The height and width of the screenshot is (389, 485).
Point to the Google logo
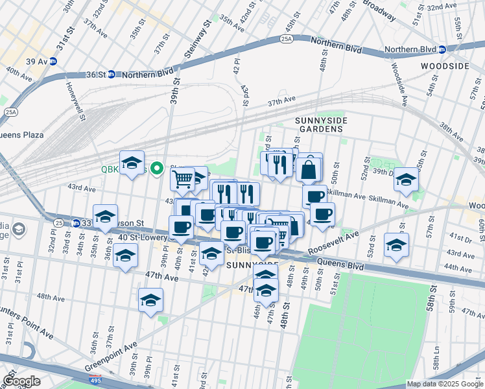[21, 381]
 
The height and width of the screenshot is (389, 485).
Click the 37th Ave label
[281, 102]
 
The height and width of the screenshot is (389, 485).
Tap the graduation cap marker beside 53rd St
[396, 245]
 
